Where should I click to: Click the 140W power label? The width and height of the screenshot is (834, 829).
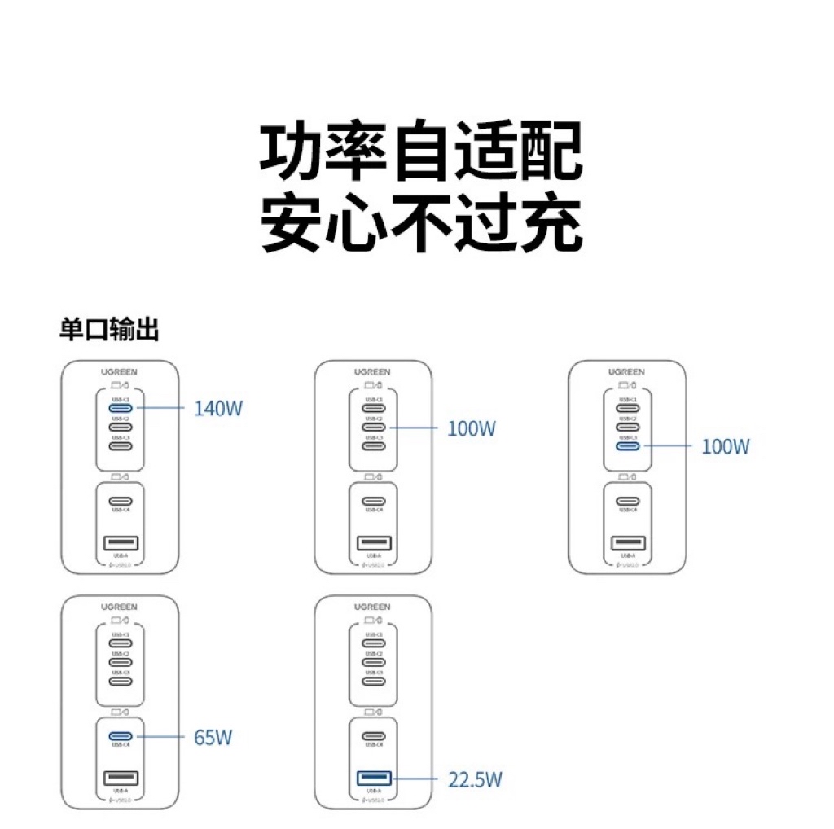tap(218, 408)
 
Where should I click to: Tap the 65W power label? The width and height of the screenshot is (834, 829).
tap(213, 739)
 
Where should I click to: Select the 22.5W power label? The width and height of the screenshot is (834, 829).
tap(475, 779)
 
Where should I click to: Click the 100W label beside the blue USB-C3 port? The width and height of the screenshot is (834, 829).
tap(725, 446)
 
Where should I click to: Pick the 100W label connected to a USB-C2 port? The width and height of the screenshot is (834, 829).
tap(471, 428)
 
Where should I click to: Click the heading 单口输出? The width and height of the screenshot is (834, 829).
tap(109, 330)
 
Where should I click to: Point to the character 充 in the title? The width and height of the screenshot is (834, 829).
tap(551, 222)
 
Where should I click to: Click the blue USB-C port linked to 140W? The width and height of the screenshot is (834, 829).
tap(121, 408)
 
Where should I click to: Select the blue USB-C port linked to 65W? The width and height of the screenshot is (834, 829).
tap(121, 737)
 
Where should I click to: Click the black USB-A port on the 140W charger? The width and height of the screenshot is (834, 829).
tap(121, 543)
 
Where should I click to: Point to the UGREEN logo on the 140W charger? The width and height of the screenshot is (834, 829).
tap(120, 372)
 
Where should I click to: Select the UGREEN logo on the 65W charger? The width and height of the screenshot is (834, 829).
tap(120, 607)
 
